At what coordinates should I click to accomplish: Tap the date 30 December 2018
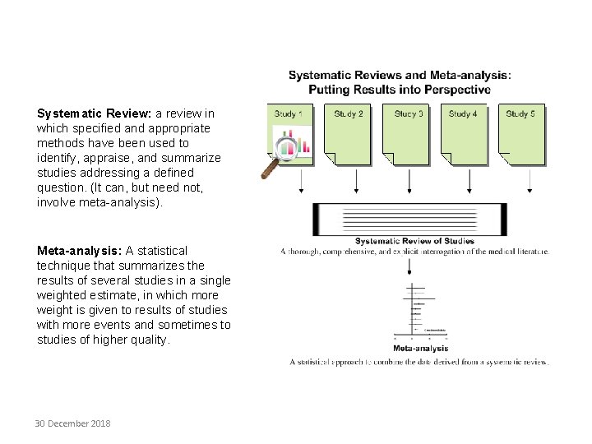point(72,423)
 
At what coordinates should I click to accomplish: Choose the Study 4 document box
point(466,132)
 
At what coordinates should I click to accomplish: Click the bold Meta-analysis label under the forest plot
point(420,349)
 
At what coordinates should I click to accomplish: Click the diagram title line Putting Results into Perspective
point(400,90)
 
